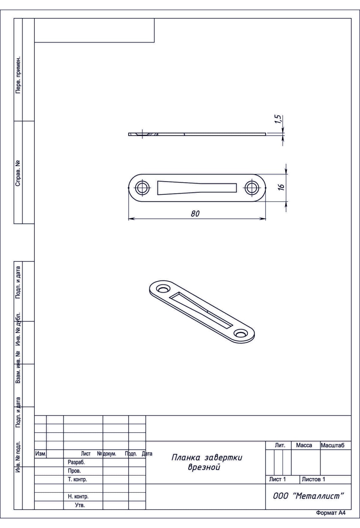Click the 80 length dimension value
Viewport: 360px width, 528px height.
195,214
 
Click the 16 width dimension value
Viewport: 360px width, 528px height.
281,187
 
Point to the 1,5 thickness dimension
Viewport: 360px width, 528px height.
279,119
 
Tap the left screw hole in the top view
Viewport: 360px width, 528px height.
142,188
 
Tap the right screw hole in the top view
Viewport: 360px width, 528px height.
252,188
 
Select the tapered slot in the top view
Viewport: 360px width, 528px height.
197,188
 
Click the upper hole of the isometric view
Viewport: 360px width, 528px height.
163,289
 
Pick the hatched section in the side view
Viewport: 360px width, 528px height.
152,134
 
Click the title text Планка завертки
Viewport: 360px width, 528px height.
207,458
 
